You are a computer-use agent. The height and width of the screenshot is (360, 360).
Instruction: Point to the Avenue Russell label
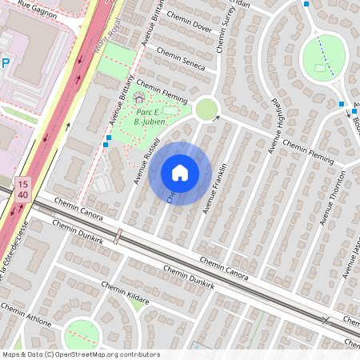coord(148,161)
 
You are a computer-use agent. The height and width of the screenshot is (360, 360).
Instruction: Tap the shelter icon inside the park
coord(139,98)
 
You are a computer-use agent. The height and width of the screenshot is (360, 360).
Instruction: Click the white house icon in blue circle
coord(180,173)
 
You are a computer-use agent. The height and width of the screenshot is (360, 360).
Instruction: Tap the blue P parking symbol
coord(5,63)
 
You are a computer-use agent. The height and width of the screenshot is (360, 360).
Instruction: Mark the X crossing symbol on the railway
coord(326,320)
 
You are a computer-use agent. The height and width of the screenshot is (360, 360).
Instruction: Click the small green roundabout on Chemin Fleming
coord(207,109)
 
